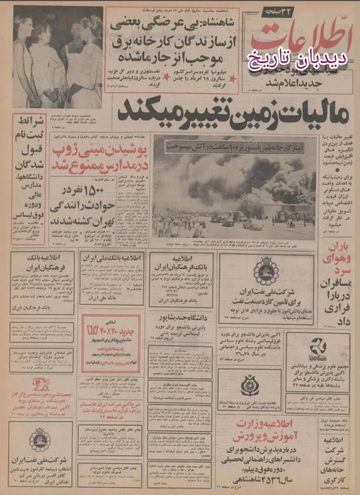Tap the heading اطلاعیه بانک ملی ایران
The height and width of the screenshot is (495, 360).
[112, 258]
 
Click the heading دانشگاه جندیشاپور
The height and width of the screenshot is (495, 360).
[180, 318]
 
